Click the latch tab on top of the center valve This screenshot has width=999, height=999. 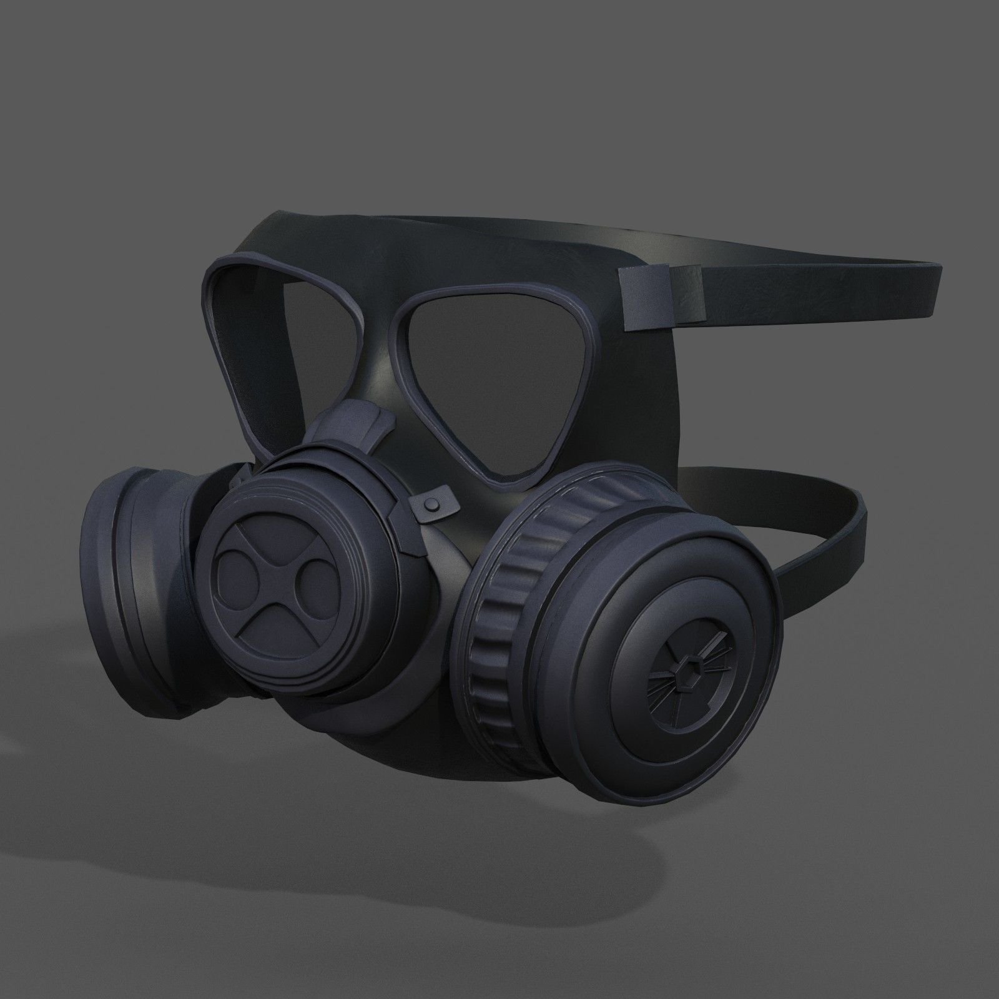(x=356, y=431)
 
